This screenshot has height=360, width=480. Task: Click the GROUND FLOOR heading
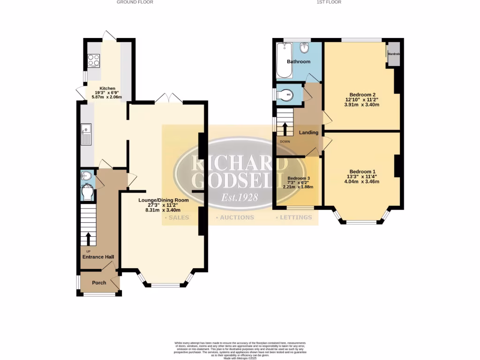click(135, 2)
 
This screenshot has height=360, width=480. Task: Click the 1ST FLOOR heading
click(330, 2)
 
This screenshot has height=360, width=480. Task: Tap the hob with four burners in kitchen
click(94, 61)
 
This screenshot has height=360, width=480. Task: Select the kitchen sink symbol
click(87, 134)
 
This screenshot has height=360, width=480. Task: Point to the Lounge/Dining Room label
click(163, 200)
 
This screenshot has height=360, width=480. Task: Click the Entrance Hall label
click(98, 257)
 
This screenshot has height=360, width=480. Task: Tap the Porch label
click(99, 283)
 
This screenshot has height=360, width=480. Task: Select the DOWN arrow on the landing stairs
click(285, 128)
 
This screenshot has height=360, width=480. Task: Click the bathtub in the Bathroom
click(284, 61)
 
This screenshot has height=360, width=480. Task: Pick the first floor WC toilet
click(285, 95)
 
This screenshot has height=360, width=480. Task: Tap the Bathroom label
click(299, 62)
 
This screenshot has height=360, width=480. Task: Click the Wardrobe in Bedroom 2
click(393, 54)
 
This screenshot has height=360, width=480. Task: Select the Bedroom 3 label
click(299, 179)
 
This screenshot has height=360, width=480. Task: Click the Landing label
click(308, 133)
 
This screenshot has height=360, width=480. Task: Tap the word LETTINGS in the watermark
click(295, 217)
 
